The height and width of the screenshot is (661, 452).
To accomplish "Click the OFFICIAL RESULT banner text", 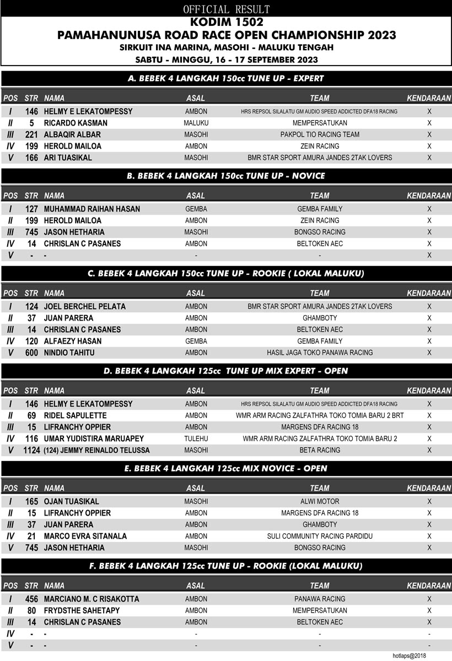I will coord(226,9).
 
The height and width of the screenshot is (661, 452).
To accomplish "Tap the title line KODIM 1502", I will coord(226,23).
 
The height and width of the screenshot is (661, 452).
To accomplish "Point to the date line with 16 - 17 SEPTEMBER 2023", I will coord(226,59).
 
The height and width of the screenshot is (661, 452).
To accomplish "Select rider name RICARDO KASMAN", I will coord(76,123).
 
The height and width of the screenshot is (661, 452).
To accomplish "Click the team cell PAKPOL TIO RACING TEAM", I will coord(320,134).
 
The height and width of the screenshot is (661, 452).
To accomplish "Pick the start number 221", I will coord(31,134).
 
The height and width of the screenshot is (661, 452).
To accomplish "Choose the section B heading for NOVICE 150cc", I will coord(226,176).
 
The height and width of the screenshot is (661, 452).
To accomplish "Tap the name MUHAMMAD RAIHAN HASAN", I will coord(92,209).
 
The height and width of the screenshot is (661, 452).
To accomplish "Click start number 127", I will coord(31,209).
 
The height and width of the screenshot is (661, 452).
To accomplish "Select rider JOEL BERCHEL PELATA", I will coord(85,306).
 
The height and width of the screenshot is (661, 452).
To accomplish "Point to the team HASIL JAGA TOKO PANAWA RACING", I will coord(320,353).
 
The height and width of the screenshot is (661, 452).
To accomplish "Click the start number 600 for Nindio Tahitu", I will coord(31,353).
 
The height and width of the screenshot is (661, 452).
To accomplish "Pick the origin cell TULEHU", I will coord(196,438).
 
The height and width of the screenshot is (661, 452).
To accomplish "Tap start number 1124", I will coord(31,450).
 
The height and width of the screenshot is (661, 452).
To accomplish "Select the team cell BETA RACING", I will coord(320,450).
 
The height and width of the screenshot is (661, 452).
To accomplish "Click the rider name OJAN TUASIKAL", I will coord(72,501).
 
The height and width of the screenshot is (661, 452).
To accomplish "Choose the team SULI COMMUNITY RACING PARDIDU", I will coord(320,536).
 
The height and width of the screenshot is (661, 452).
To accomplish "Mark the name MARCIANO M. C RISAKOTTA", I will coord(92,599).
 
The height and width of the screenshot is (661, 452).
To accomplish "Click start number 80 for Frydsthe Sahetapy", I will coord(31,610).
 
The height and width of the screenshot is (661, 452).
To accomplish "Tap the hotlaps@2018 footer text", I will coord(409,655).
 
